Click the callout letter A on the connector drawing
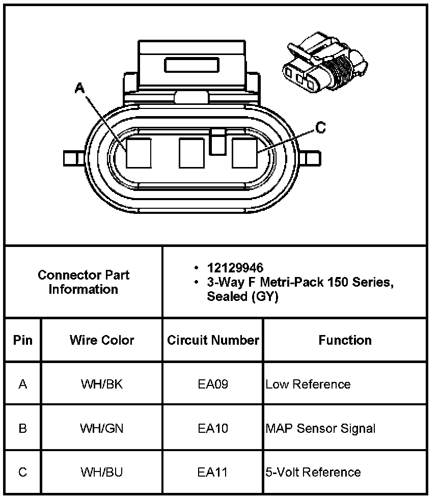coord(79,88)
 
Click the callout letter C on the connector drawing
coord(320,127)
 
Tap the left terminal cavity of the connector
coord(139,153)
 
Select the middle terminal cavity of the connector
coord(191,153)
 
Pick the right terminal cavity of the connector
coord(244,153)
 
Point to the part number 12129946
coord(235,268)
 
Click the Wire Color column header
coord(102,340)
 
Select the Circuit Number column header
coord(213,340)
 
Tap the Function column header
coord(345,340)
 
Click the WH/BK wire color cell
coord(101,384)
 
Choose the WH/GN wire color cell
coord(101,428)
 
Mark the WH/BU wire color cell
coord(101,472)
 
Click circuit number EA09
coord(213,384)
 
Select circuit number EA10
coord(213,428)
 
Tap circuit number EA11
coord(212,472)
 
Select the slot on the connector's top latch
coord(191,65)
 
